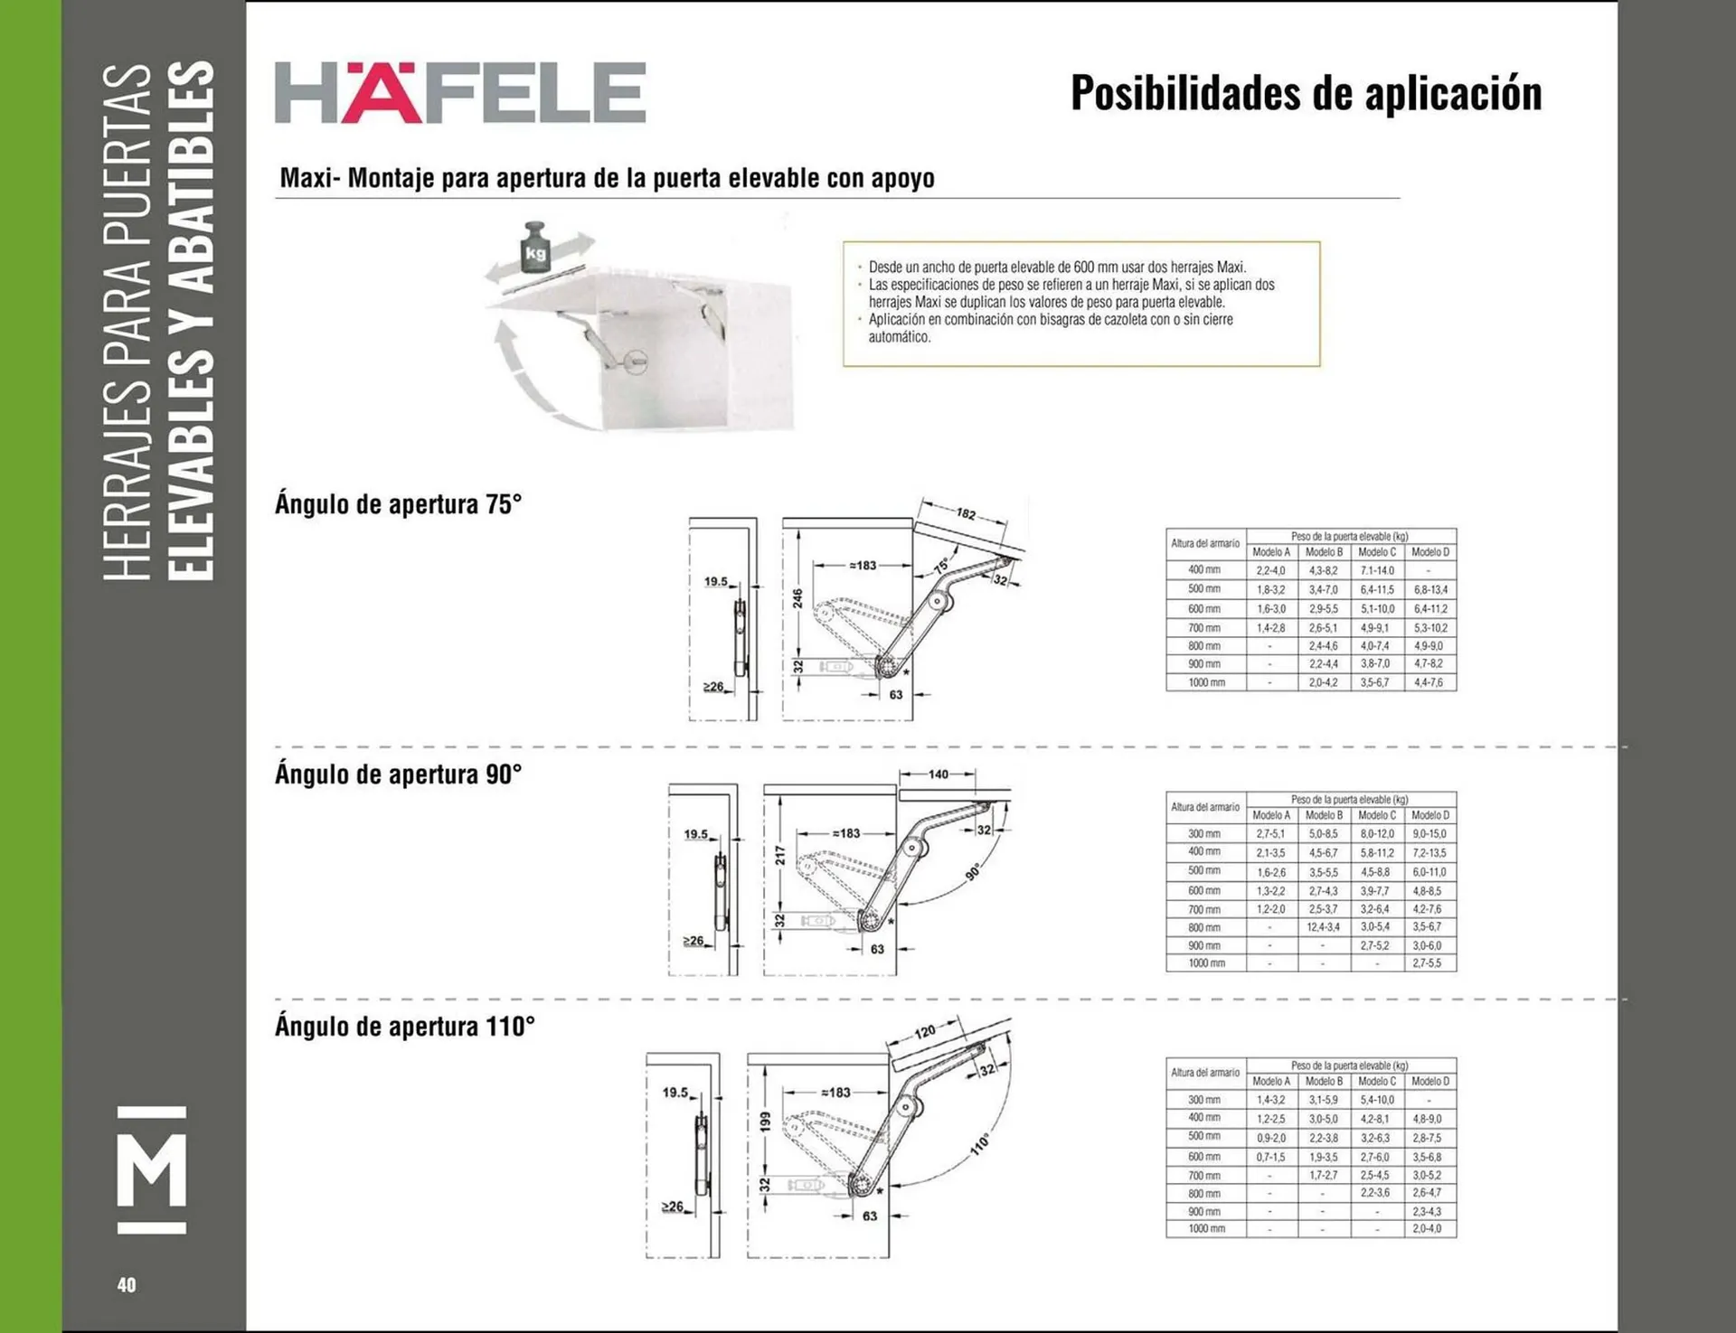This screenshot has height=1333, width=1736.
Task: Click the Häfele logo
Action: pos(460,92)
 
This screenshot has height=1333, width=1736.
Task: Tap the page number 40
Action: pos(127,1284)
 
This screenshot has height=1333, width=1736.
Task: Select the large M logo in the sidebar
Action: pos(153,1169)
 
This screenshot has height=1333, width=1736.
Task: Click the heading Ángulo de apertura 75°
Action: pos(399,504)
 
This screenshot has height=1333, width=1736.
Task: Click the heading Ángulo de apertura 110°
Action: pos(405,1027)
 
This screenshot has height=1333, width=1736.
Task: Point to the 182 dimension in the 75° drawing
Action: pos(966,513)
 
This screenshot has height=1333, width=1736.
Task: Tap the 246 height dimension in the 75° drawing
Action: pos(797,598)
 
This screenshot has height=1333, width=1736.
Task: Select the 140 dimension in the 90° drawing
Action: pos(939,774)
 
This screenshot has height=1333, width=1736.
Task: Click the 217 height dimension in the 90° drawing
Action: pos(779,855)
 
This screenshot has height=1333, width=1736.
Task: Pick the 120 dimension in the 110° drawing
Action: pos(925,1032)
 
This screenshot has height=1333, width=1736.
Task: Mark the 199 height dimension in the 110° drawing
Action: pos(765,1122)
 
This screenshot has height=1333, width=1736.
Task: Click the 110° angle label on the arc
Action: pos(980,1144)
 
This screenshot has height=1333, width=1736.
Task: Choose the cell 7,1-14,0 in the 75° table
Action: pos(1377,570)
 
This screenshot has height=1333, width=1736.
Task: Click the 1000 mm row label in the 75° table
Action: pos(1205,682)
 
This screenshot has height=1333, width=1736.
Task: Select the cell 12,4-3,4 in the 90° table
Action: pos(1323,927)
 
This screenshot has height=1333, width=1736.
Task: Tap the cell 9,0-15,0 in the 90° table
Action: pos(1429,833)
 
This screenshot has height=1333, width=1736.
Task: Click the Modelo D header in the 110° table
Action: pos(1429,1081)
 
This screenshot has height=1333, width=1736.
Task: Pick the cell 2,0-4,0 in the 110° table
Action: pos(1427,1229)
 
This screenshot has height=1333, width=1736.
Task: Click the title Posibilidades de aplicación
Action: pos(1306,93)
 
